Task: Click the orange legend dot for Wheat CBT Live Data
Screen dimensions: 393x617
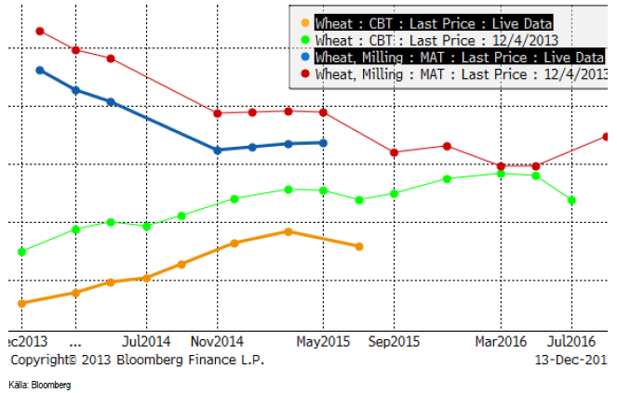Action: [305, 23]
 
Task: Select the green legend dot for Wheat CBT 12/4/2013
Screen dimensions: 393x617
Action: [305, 40]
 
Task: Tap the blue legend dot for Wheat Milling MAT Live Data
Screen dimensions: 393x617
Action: [305, 57]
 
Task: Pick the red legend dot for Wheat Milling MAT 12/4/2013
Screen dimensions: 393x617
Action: [305, 72]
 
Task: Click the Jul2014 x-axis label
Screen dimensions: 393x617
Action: [146, 341]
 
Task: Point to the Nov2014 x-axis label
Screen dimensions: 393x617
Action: [217, 341]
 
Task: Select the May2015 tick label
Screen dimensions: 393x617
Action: [324, 341]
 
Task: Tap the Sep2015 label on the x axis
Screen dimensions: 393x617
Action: [395, 341]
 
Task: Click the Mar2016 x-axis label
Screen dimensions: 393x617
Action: [501, 341]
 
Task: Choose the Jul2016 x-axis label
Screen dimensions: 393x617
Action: [571, 341]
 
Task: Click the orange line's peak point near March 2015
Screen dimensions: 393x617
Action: [288, 231]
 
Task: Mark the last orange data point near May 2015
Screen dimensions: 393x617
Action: [359, 246]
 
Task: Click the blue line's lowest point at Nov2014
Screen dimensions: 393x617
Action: [217, 150]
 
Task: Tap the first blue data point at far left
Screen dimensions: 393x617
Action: [39, 70]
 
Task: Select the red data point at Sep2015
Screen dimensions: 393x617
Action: [395, 152]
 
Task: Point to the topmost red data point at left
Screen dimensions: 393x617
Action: [39, 31]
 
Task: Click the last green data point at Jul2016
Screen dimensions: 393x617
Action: [571, 200]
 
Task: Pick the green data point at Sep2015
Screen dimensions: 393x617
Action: [395, 193]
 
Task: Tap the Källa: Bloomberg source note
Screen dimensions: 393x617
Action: [39, 384]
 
